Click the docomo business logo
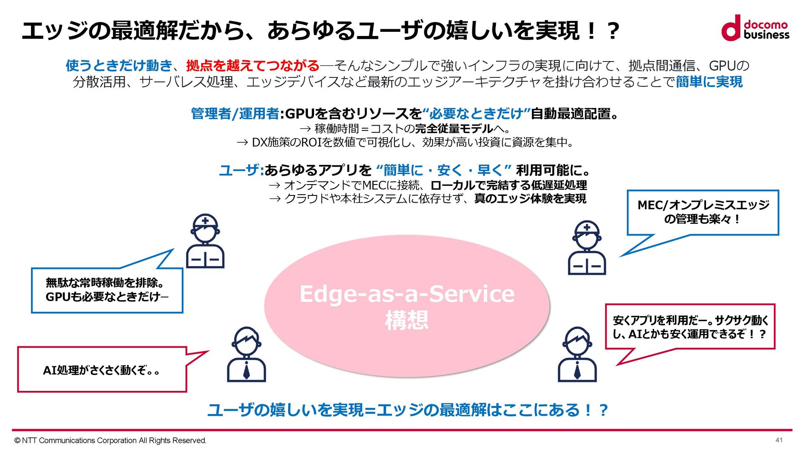755,28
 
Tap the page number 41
779,440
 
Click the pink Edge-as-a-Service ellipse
407,306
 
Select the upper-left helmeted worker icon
205,241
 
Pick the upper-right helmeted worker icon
587,248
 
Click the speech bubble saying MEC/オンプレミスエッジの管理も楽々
703,212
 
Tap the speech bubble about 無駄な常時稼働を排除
107,290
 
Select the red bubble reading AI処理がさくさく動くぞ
102,370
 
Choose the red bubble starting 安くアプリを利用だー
690,327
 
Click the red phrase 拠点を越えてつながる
253,66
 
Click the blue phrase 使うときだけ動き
119,66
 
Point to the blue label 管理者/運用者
235,114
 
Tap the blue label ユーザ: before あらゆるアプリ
241,170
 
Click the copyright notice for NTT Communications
110,440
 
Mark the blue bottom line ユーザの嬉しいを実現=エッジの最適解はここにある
407,410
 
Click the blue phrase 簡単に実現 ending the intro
709,82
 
